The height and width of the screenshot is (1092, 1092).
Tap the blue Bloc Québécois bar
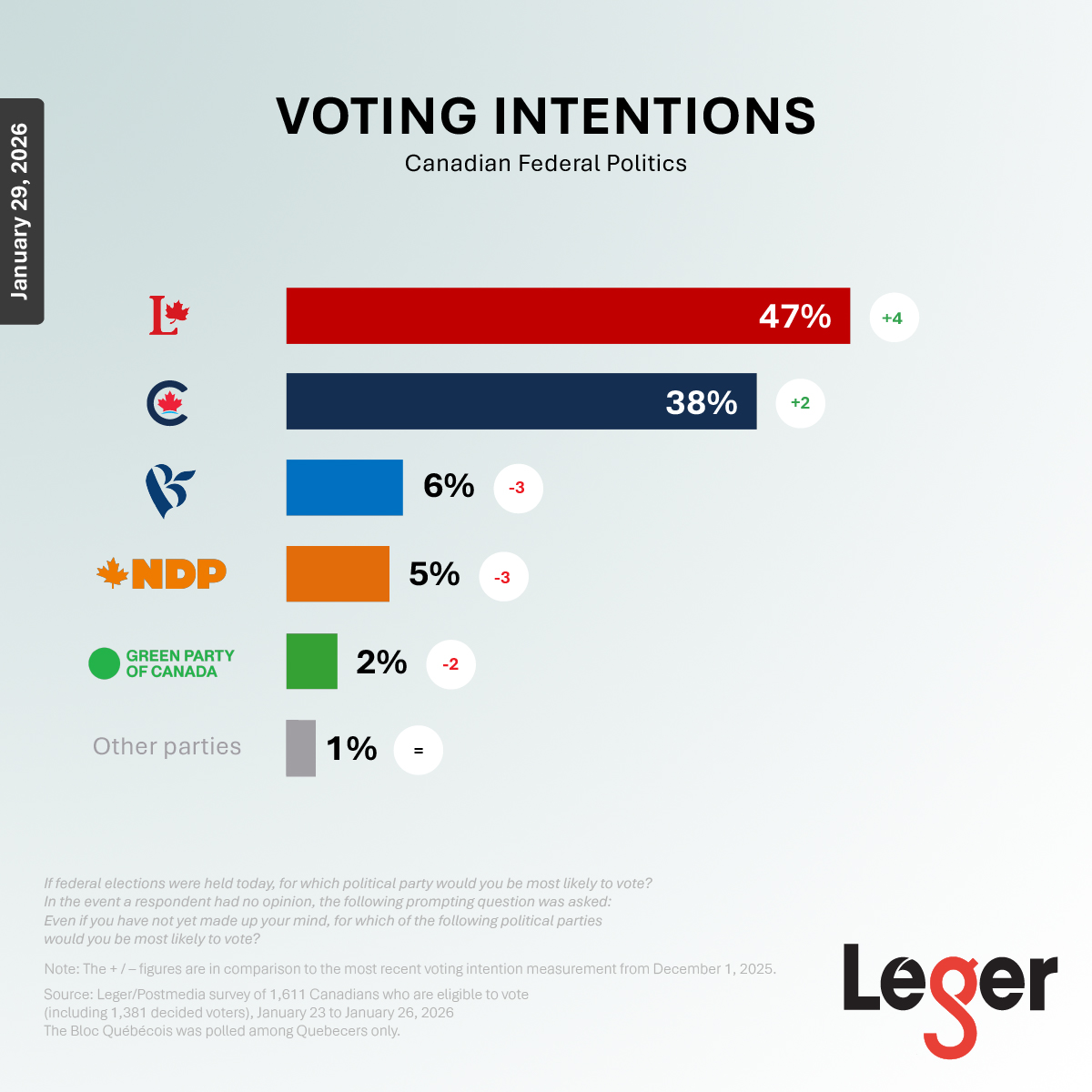click(344, 488)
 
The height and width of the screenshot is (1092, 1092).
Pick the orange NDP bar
click(338, 574)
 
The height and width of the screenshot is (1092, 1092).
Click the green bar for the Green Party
click(311, 662)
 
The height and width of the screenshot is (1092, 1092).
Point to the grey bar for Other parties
click(300, 748)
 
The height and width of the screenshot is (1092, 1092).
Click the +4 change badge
click(893, 318)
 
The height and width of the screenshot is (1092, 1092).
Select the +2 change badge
click(800, 403)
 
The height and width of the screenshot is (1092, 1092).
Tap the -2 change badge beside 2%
click(450, 664)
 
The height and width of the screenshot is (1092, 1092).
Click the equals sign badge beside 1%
click(419, 751)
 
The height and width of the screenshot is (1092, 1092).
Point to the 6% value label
click(449, 486)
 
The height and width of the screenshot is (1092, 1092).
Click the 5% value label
click(434, 574)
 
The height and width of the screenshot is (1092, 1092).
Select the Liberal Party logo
click(168, 316)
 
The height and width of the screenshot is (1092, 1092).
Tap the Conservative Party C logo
click(167, 403)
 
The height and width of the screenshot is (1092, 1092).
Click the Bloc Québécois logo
click(169, 490)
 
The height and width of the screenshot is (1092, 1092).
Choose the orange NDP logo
click(162, 573)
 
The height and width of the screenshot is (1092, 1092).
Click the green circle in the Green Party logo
click(105, 663)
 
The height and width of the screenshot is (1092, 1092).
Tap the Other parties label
click(167, 747)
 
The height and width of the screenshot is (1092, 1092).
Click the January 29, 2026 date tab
click(21, 211)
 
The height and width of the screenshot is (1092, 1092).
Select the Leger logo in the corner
click(949, 996)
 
